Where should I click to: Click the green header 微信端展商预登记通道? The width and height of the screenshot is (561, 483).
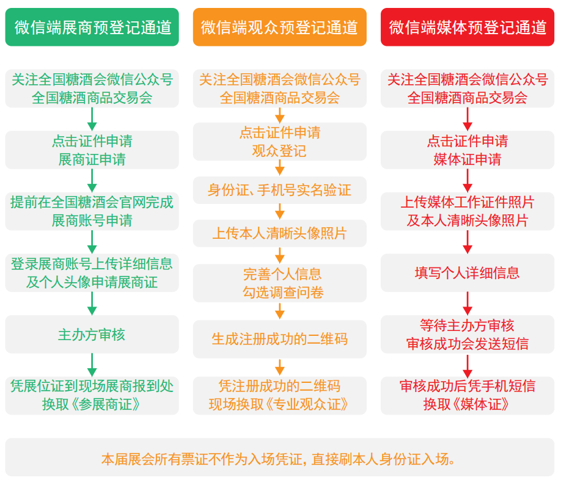(x=92, y=27)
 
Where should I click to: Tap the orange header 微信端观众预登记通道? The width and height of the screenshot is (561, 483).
(x=280, y=27)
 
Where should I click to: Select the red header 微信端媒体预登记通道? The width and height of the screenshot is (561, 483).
(x=468, y=27)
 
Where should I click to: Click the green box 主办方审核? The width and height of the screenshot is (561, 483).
(x=92, y=334)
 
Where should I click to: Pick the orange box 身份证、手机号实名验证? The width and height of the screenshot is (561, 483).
(x=280, y=190)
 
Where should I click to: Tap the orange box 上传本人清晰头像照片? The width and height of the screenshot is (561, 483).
(x=280, y=233)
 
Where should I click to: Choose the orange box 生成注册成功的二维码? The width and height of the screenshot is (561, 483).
(x=280, y=339)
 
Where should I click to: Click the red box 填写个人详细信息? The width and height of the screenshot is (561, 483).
(x=468, y=273)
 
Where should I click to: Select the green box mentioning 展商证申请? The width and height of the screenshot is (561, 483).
(x=92, y=150)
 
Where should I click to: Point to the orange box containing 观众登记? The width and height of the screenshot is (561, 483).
(x=280, y=142)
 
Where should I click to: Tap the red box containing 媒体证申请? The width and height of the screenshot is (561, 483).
(x=468, y=150)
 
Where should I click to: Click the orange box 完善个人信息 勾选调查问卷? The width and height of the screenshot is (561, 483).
(x=280, y=283)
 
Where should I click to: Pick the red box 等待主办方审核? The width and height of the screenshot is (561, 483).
(x=468, y=334)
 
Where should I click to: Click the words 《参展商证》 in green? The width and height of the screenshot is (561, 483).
(x=106, y=404)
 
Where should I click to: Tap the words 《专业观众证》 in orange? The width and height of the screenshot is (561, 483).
(x=307, y=404)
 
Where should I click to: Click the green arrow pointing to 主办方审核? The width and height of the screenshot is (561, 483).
(x=92, y=303)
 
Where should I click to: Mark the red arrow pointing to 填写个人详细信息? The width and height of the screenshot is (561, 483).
(x=468, y=242)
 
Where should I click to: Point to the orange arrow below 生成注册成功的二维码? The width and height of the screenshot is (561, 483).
(x=280, y=368)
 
